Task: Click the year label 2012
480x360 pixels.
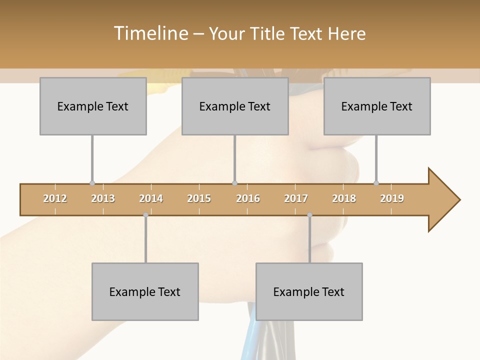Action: (55, 198)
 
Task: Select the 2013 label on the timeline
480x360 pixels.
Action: (103, 198)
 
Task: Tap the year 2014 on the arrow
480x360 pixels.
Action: (151, 198)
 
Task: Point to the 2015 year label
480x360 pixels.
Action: (199, 198)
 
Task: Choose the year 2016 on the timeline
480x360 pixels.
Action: (248, 198)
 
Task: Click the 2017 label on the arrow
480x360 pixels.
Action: (296, 198)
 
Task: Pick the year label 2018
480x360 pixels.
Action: (344, 198)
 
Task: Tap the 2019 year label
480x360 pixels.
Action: (392, 198)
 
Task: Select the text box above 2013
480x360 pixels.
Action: (93, 106)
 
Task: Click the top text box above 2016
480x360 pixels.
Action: (235, 106)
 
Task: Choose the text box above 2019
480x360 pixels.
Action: (377, 106)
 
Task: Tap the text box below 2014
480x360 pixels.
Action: (145, 292)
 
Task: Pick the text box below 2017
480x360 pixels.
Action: (309, 292)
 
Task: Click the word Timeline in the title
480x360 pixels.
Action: (150, 33)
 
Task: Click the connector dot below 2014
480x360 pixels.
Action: (145, 215)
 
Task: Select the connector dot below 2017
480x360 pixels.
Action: (309, 215)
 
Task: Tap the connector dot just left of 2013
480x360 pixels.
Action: (92, 183)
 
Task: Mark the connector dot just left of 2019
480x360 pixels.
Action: (376, 183)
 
